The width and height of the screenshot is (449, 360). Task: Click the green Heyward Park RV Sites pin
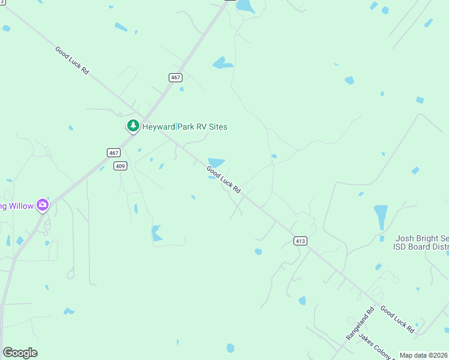(133, 126)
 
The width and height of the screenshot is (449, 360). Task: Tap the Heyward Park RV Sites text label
(184, 127)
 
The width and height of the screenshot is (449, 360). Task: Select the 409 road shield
(121, 166)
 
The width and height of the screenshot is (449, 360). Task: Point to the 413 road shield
(300, 241)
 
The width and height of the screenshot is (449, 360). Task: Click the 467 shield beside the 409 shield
(114, 152)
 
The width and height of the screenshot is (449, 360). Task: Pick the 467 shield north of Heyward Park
(175, 77)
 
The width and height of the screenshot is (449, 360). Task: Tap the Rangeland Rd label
(360, 324)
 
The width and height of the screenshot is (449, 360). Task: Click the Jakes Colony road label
(375, 344)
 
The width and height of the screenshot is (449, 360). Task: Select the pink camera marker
(42, 205)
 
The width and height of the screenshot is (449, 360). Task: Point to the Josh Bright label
(421, 238)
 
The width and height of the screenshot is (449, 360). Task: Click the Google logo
(20, 353)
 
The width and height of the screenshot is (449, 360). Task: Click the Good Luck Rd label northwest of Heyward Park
(72, 61)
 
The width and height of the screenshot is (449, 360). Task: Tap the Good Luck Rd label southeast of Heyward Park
(223, 179)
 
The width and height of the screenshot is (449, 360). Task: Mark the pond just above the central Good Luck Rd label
(216, 162)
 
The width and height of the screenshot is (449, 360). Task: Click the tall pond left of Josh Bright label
(381, 217)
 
